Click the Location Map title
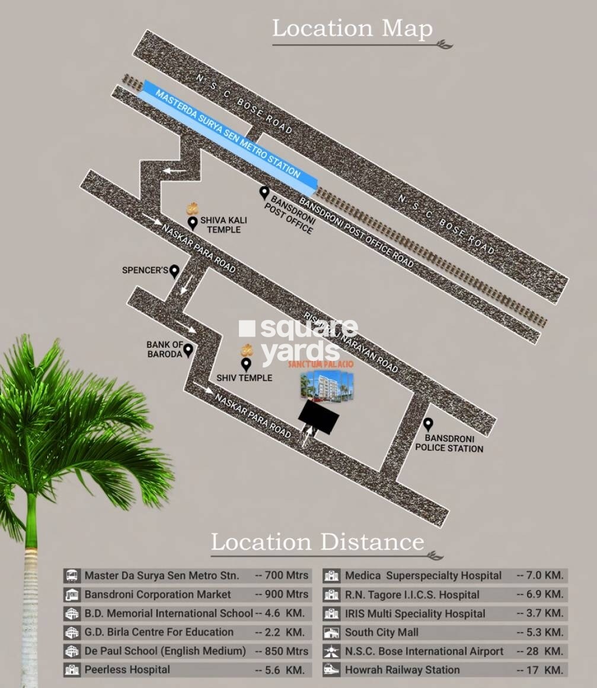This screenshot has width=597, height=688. tap(352, 28)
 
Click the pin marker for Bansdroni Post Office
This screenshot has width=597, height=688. tap(264, 192)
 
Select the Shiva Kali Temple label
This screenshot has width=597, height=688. tap(224, 224)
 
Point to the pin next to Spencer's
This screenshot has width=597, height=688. tap(174, 271)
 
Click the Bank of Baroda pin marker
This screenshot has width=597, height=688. tap(188, 350)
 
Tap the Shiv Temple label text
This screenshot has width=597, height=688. tap(244, 378)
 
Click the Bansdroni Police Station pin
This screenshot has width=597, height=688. tap(427, 424)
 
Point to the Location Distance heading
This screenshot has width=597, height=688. tap(318, 542)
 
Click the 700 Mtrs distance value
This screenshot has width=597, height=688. tap(282, 575)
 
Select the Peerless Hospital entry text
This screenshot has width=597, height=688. tap(127, 670)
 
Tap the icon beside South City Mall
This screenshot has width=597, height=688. tap(331, 633)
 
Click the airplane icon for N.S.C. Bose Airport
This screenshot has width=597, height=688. tap(331, 652)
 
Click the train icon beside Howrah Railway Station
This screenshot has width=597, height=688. tap(331, 670)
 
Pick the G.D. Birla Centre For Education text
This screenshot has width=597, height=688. tap(159, 632)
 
